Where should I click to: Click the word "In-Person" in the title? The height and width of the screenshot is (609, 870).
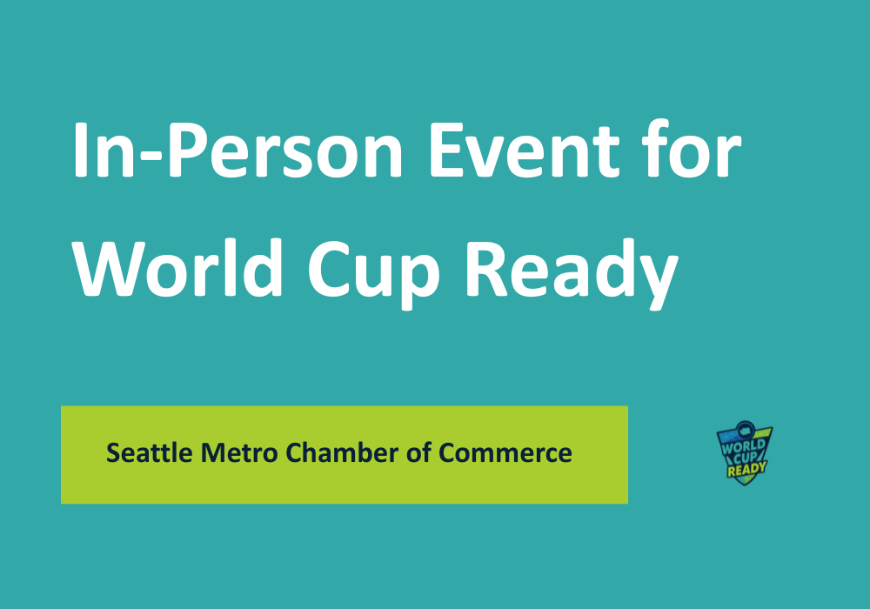click(x=238, y=150)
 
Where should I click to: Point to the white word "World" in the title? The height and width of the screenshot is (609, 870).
click(x=178, y=269)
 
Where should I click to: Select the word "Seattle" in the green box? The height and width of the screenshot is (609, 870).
click(x=150, y=452)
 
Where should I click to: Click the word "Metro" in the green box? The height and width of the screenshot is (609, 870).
click(x=239, y=452)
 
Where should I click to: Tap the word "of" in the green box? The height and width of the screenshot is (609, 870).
click(x=419, y=452)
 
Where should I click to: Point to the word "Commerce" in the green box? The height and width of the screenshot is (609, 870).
click(x=505, y=453)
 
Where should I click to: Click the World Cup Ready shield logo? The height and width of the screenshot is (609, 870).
click(x=745, y=452)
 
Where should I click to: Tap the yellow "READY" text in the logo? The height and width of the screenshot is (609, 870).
click(x=746, y=469)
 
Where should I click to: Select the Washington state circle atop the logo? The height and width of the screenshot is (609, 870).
click(x=746, y=429)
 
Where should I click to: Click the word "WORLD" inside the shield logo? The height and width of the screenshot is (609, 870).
click(x=744, y=446)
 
